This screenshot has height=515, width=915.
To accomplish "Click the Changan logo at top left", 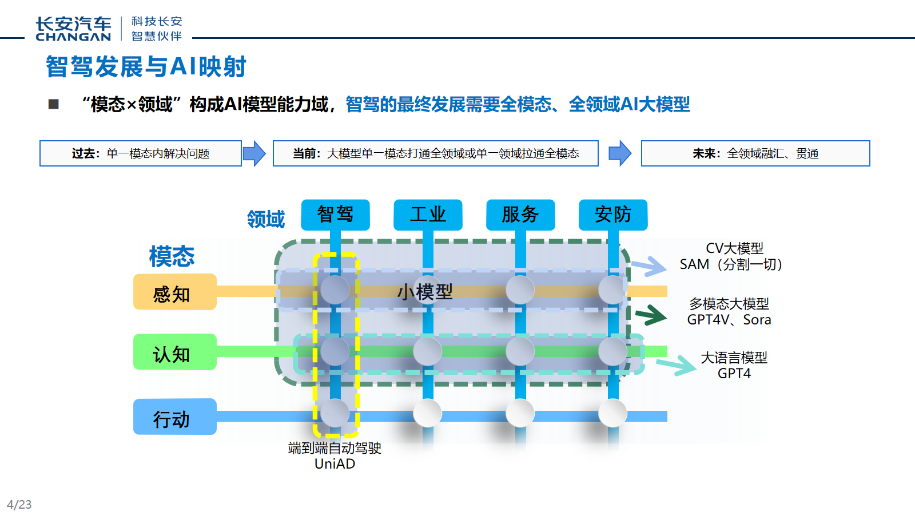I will (x=73, y=29).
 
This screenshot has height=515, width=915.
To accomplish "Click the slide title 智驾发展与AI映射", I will (x=146, y=66).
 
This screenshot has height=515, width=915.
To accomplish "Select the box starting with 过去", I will (x=141, y=153).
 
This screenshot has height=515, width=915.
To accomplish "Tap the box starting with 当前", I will (x=436, y=153).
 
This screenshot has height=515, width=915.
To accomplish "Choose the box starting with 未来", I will (x=755, y=153).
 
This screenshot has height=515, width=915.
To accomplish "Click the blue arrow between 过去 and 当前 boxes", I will (x=254, y=153).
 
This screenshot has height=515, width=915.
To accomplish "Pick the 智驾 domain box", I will (x=335, y=215).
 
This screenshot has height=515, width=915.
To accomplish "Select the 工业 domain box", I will (x=428, y=215).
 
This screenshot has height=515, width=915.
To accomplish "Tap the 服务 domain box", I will (x=520, y=215).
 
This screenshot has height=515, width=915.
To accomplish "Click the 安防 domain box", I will (x=613, y=215).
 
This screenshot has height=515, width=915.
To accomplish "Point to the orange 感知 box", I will (x=174, y=292).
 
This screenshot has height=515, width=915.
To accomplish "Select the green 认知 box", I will (x=174, y=352).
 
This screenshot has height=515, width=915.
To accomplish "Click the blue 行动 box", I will (x=174, y=417).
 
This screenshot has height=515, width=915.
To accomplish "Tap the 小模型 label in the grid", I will (x=425, y=292).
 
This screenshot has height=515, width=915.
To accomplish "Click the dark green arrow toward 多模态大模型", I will (x=651, y=315).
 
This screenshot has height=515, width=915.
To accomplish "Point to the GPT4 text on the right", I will (x=734, y=374).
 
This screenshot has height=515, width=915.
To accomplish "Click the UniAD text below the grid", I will (x=335, y=464).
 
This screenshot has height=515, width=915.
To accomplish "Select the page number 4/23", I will (x=19, y=505).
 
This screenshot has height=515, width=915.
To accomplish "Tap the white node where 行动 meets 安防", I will (x=612, y=413).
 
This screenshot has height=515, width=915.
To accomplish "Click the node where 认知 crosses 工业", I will (x=428, y=351).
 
